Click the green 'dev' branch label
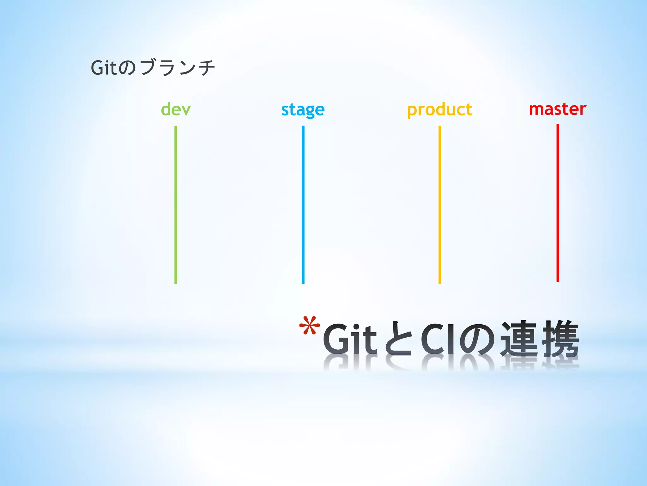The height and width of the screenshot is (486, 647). [x=176, y=109]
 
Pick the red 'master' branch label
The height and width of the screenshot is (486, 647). [x=558, y=109]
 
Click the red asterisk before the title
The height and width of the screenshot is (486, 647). [x=310, y=326]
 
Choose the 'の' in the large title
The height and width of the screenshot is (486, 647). [x=477, y=339]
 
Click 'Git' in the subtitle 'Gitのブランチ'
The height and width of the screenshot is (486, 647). [x=104, y=68]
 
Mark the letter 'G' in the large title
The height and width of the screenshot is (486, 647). [x=336, y=339]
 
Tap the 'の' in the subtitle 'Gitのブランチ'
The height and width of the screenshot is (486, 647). [x=128, y=68]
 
